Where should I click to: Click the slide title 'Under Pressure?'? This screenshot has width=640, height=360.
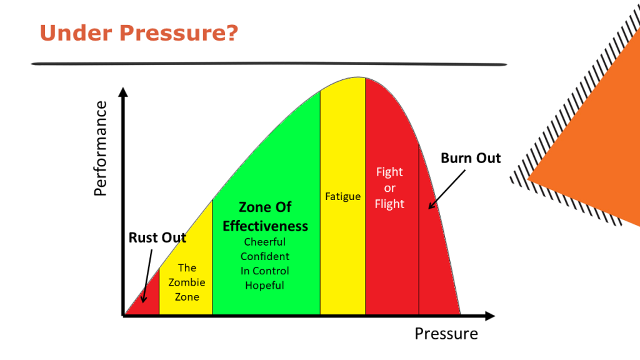click(139, 32)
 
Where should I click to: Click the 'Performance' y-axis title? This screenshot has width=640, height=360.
click(101, 149)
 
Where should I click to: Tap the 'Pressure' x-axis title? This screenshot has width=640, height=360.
click(446, 334)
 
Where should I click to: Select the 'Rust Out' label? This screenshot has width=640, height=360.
click(157, 237)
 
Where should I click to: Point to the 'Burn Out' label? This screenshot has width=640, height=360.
click(471, 158)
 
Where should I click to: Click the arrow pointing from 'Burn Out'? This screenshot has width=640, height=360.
click(446, 190)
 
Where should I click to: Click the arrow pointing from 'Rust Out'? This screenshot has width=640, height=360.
click(147, 276)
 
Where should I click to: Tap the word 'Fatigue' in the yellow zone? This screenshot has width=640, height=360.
click(343, 196)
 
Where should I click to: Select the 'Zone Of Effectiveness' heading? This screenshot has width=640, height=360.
click(265, 216)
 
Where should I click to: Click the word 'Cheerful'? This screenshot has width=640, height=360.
click(265, 242)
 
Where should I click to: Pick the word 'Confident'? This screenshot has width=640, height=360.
click(265, 256)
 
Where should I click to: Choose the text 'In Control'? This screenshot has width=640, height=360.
click(265, 271)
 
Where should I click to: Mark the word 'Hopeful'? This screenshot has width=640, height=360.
click(264, 285)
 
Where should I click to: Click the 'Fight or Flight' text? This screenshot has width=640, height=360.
click(389, 187)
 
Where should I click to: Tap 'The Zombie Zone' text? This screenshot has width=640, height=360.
click(187, 282)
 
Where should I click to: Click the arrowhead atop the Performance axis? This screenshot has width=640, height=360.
click(123, 92)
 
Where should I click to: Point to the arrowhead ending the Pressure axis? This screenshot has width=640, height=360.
click(490, 316)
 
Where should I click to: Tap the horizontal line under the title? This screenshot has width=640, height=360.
click(269, 64)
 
